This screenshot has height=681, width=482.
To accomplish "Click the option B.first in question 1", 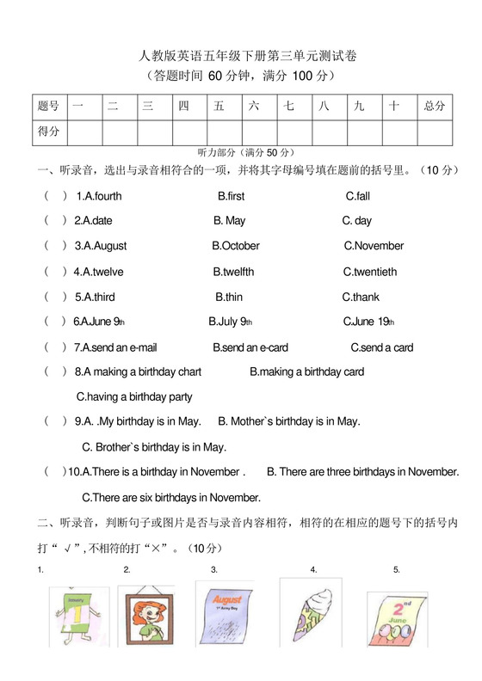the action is [x=232, y=196].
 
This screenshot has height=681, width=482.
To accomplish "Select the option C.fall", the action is [x=357, y=196].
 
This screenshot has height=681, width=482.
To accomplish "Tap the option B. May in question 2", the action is [x=230, y=221].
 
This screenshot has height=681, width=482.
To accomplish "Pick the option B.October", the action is [x=236, y=246].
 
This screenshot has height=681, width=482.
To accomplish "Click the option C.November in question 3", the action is [x=374, y=246].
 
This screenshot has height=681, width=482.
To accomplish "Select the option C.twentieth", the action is [x=370, y=272].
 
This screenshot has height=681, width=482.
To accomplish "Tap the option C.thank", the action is [x=361, y=297].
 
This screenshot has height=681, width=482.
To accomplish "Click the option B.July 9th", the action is [x=230, y=322].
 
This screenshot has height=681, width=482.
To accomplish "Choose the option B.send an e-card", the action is [x=250, y=347].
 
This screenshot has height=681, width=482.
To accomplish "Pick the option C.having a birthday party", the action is [x=134, y=397].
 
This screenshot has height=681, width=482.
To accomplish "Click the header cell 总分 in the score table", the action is [x=435, y=106].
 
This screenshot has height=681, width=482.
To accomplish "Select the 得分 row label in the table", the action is [x=49, y=132].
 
